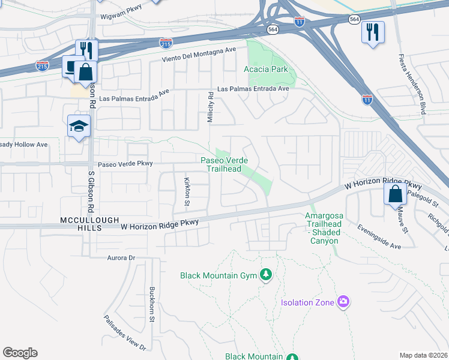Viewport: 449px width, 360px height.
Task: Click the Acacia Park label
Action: point(265,69)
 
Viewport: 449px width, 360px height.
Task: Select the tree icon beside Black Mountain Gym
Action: point(266,275)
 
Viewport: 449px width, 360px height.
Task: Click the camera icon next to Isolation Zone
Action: point(343,301)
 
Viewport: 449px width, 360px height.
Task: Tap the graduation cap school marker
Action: point(78,127)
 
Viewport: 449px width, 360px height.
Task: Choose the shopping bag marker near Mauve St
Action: point(395,194)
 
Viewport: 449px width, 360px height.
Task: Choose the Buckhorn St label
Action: point(152,304)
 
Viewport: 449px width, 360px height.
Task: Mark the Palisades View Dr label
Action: point(125,333)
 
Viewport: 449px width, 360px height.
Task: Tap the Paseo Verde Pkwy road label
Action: point(125,163)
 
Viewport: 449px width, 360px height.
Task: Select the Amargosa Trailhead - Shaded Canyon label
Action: point(324,228)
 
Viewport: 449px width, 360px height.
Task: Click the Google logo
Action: point(20,353)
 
